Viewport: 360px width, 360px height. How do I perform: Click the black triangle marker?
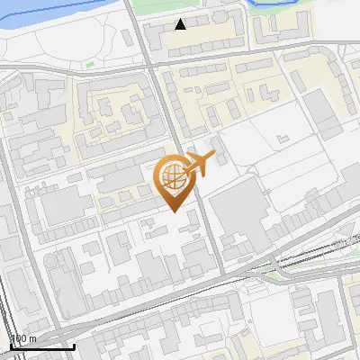181,24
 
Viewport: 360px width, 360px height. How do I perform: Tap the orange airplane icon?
199,164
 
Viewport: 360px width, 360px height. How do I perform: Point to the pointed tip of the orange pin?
175,211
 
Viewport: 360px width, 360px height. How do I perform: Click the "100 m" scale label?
23,337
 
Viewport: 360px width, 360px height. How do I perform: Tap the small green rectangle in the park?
88,64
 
